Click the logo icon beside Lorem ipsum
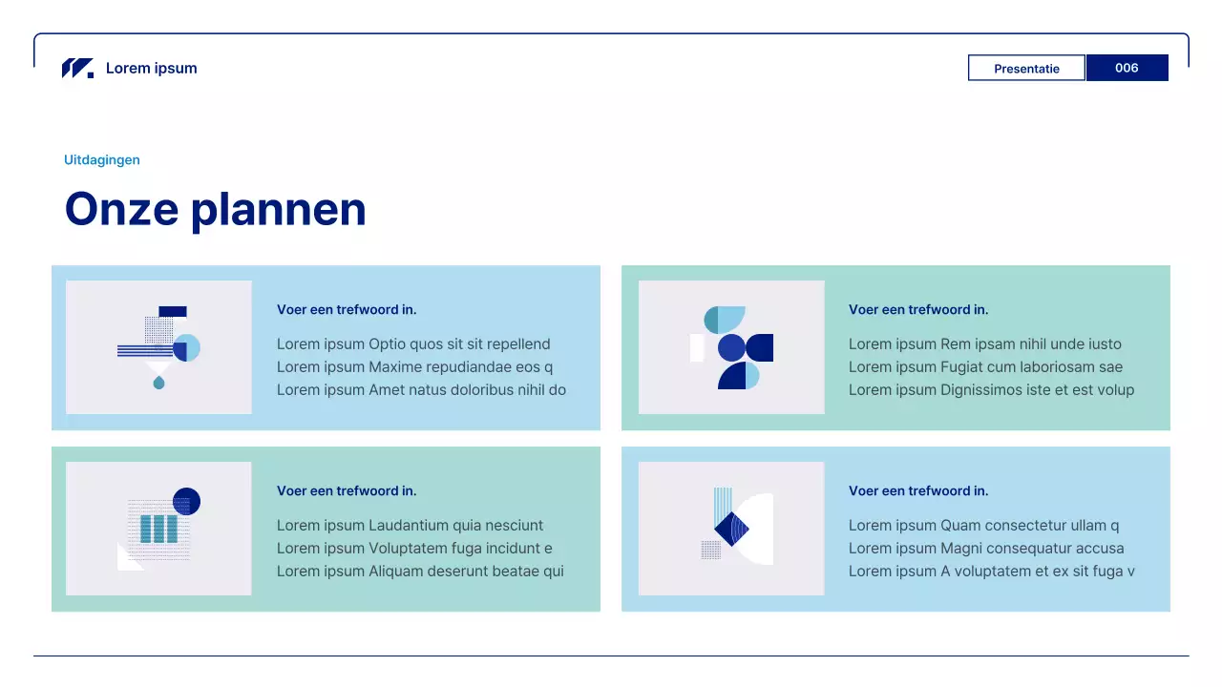click(x=77, y=68)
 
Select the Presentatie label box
click(x=1026, y=68)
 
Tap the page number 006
click(x=1127, y=68)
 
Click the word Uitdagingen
click(x=102, y=159)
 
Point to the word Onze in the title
click(x=121, y=209)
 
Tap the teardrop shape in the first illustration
click(x=158, y=383)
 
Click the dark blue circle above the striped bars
click(x=186, y=501)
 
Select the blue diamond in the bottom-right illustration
click(x=731, y=529)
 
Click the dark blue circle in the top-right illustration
click(x=731, y=347)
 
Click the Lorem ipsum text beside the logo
click(x=152, y=68)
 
